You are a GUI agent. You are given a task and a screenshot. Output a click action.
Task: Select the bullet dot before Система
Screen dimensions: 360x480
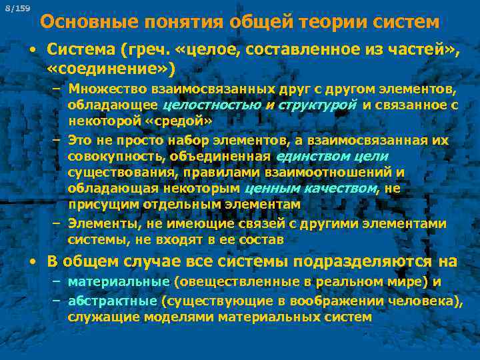pyautogui.click(x=33, y=50)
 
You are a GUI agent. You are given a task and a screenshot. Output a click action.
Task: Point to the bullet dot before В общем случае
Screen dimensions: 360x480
pyautogui.click(x=33, y=262)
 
